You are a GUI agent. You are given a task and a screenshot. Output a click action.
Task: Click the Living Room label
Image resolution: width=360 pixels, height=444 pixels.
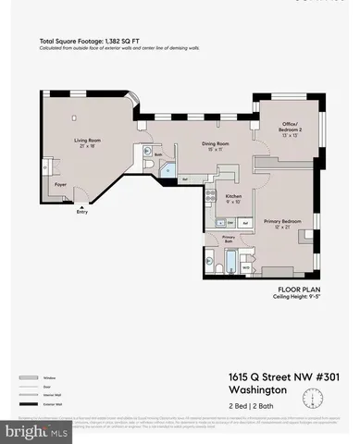tap(88, 142)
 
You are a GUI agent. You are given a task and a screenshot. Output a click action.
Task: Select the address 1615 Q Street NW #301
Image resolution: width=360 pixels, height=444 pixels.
tap(279, 376)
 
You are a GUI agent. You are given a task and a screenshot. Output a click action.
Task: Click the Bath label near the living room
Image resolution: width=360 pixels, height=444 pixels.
tap(159, 154)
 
